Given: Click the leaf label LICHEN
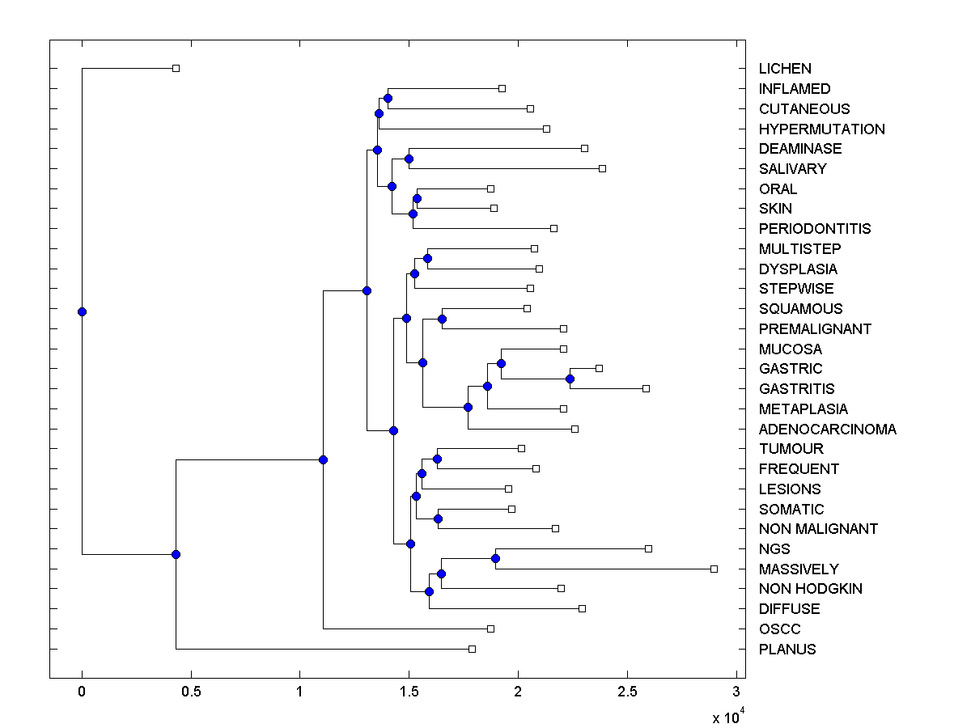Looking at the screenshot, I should point(784,69).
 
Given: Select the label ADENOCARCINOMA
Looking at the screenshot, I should point(827,430).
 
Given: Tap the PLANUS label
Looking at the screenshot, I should point(787,650).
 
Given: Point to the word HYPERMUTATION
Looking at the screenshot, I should point(821,129).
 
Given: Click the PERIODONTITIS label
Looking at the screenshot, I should point(814,229).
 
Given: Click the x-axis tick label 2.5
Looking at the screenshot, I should point(627,692).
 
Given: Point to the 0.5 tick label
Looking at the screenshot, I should point(190,692).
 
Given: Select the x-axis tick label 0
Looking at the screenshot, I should point(82,692).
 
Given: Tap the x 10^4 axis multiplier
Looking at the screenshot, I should point(727,717).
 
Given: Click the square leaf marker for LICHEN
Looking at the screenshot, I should point(176,69).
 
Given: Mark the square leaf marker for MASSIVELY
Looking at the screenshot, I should point(714,569).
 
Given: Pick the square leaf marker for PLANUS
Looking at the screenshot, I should point(473,649).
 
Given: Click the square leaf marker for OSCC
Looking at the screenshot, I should point(490,629).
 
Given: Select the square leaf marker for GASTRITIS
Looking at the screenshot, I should point(646,389).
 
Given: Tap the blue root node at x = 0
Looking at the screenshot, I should point(82,311).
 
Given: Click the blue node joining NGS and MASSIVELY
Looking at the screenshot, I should point(495,559).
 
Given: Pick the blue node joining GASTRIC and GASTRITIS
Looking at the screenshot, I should point(570,379).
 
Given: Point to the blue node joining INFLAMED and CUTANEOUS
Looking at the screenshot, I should point(388,99).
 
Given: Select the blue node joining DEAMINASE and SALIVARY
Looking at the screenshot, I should point(409,159).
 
